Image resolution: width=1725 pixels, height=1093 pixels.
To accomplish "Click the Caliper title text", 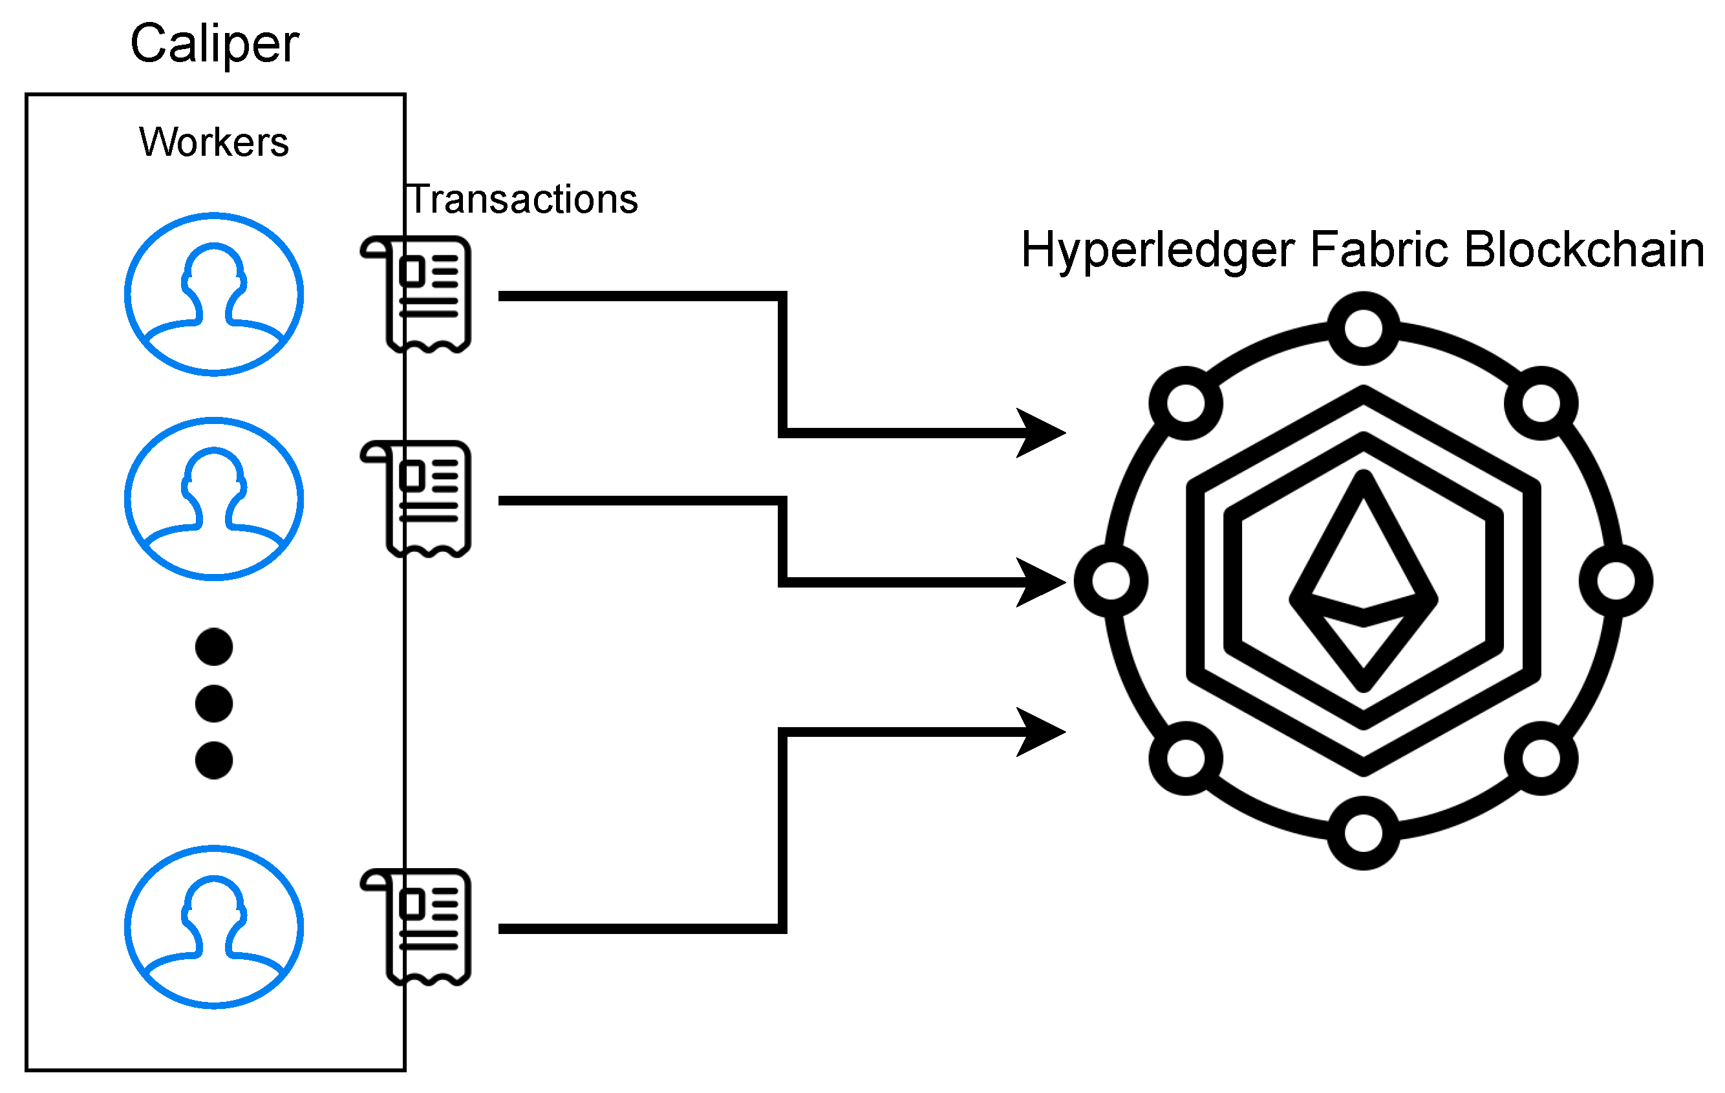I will pos(214,45).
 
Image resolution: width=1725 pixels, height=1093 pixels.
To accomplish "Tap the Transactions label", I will pos(522,199).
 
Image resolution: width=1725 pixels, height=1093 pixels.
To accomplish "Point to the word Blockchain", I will pos(1584,250).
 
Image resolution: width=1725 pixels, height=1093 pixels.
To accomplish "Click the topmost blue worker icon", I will pos(214,294).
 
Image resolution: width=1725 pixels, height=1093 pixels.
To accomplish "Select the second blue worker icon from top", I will pos(214,498).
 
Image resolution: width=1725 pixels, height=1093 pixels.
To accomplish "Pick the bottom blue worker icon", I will pos(214,928).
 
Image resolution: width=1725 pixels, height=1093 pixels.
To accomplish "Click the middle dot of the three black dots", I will pos(214,703).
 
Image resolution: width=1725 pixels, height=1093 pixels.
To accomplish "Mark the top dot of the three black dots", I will pos(214,647).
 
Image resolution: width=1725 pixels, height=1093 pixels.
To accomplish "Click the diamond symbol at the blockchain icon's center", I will pos(1363,582).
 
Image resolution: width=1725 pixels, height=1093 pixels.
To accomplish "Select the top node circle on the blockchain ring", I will pos(1363,328).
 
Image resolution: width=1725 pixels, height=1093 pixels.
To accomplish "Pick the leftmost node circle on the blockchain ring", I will pos(1111,581).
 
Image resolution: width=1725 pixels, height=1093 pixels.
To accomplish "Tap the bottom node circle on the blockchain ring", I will pos(1363,833).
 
